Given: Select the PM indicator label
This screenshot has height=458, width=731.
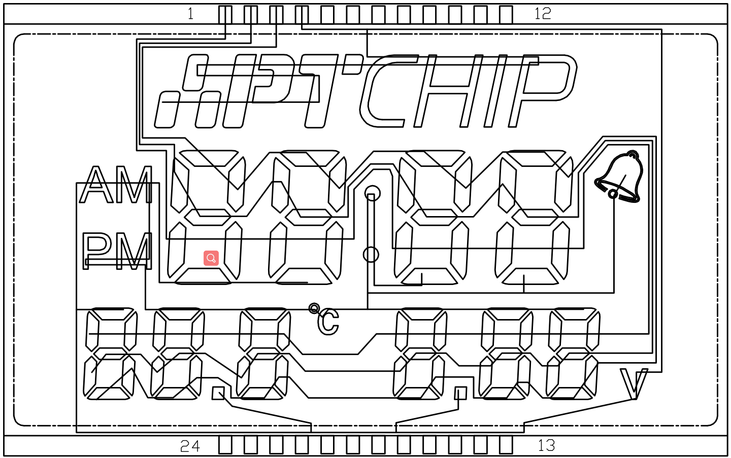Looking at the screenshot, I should coord(117,251).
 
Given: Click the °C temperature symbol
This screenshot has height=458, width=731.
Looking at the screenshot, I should coord(325,320).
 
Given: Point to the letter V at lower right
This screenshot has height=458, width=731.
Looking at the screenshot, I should coord(634,384).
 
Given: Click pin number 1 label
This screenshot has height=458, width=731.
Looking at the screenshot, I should coord(190,14).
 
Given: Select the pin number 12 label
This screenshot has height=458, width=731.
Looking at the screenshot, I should coord(543,14).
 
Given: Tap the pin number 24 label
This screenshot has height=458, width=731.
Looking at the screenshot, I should coord(190,446).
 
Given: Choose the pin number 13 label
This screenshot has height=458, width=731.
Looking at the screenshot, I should coord(546,445).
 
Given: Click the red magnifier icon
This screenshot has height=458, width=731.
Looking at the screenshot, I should coord(211,258).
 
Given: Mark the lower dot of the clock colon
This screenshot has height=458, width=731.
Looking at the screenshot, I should coord(371,255).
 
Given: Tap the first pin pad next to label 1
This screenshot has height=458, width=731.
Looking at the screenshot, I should coord(225,15).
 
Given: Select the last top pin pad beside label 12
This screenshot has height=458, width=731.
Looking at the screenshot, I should coord(506,15).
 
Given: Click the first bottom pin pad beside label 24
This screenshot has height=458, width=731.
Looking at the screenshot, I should coord(225,445).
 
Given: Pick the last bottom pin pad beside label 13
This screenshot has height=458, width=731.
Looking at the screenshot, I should coord(506,445).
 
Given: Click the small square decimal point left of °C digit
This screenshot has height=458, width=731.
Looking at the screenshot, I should coord(218,393).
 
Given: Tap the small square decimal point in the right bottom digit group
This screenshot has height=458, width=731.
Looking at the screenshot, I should coord(460,393).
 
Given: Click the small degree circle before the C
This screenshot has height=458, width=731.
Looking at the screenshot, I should coord(314,308).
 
